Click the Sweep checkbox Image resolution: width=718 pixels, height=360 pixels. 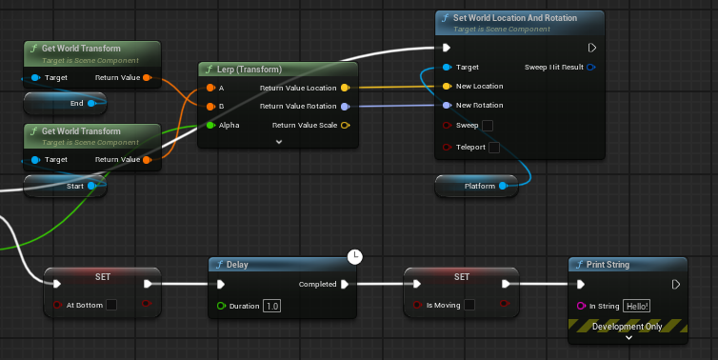tap(488, 126)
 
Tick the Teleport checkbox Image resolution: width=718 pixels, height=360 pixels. tap(493, 148)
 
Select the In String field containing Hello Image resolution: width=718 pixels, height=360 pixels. tap(636, 306)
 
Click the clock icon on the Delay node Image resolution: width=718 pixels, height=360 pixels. tap(355, 256)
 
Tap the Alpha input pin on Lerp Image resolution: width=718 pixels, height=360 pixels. tap(210, 125)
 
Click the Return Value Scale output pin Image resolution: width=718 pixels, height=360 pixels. tap(345, 125)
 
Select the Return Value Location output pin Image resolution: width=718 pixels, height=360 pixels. tap(345, 88)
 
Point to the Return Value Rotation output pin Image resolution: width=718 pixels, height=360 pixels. tap(345, 106)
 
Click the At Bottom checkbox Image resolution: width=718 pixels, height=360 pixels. tap(111, 305)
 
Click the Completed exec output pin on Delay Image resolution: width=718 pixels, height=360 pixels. tap(345, 284)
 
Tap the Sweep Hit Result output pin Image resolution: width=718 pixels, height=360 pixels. tap(590, 68)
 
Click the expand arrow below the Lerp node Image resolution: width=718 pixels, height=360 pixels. tap(279, 141)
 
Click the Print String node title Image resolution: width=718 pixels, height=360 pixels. tap(610, 265)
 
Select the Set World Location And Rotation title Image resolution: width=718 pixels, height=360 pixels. tap(521, 18)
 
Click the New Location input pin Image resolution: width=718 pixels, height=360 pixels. tap(447, 87)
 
